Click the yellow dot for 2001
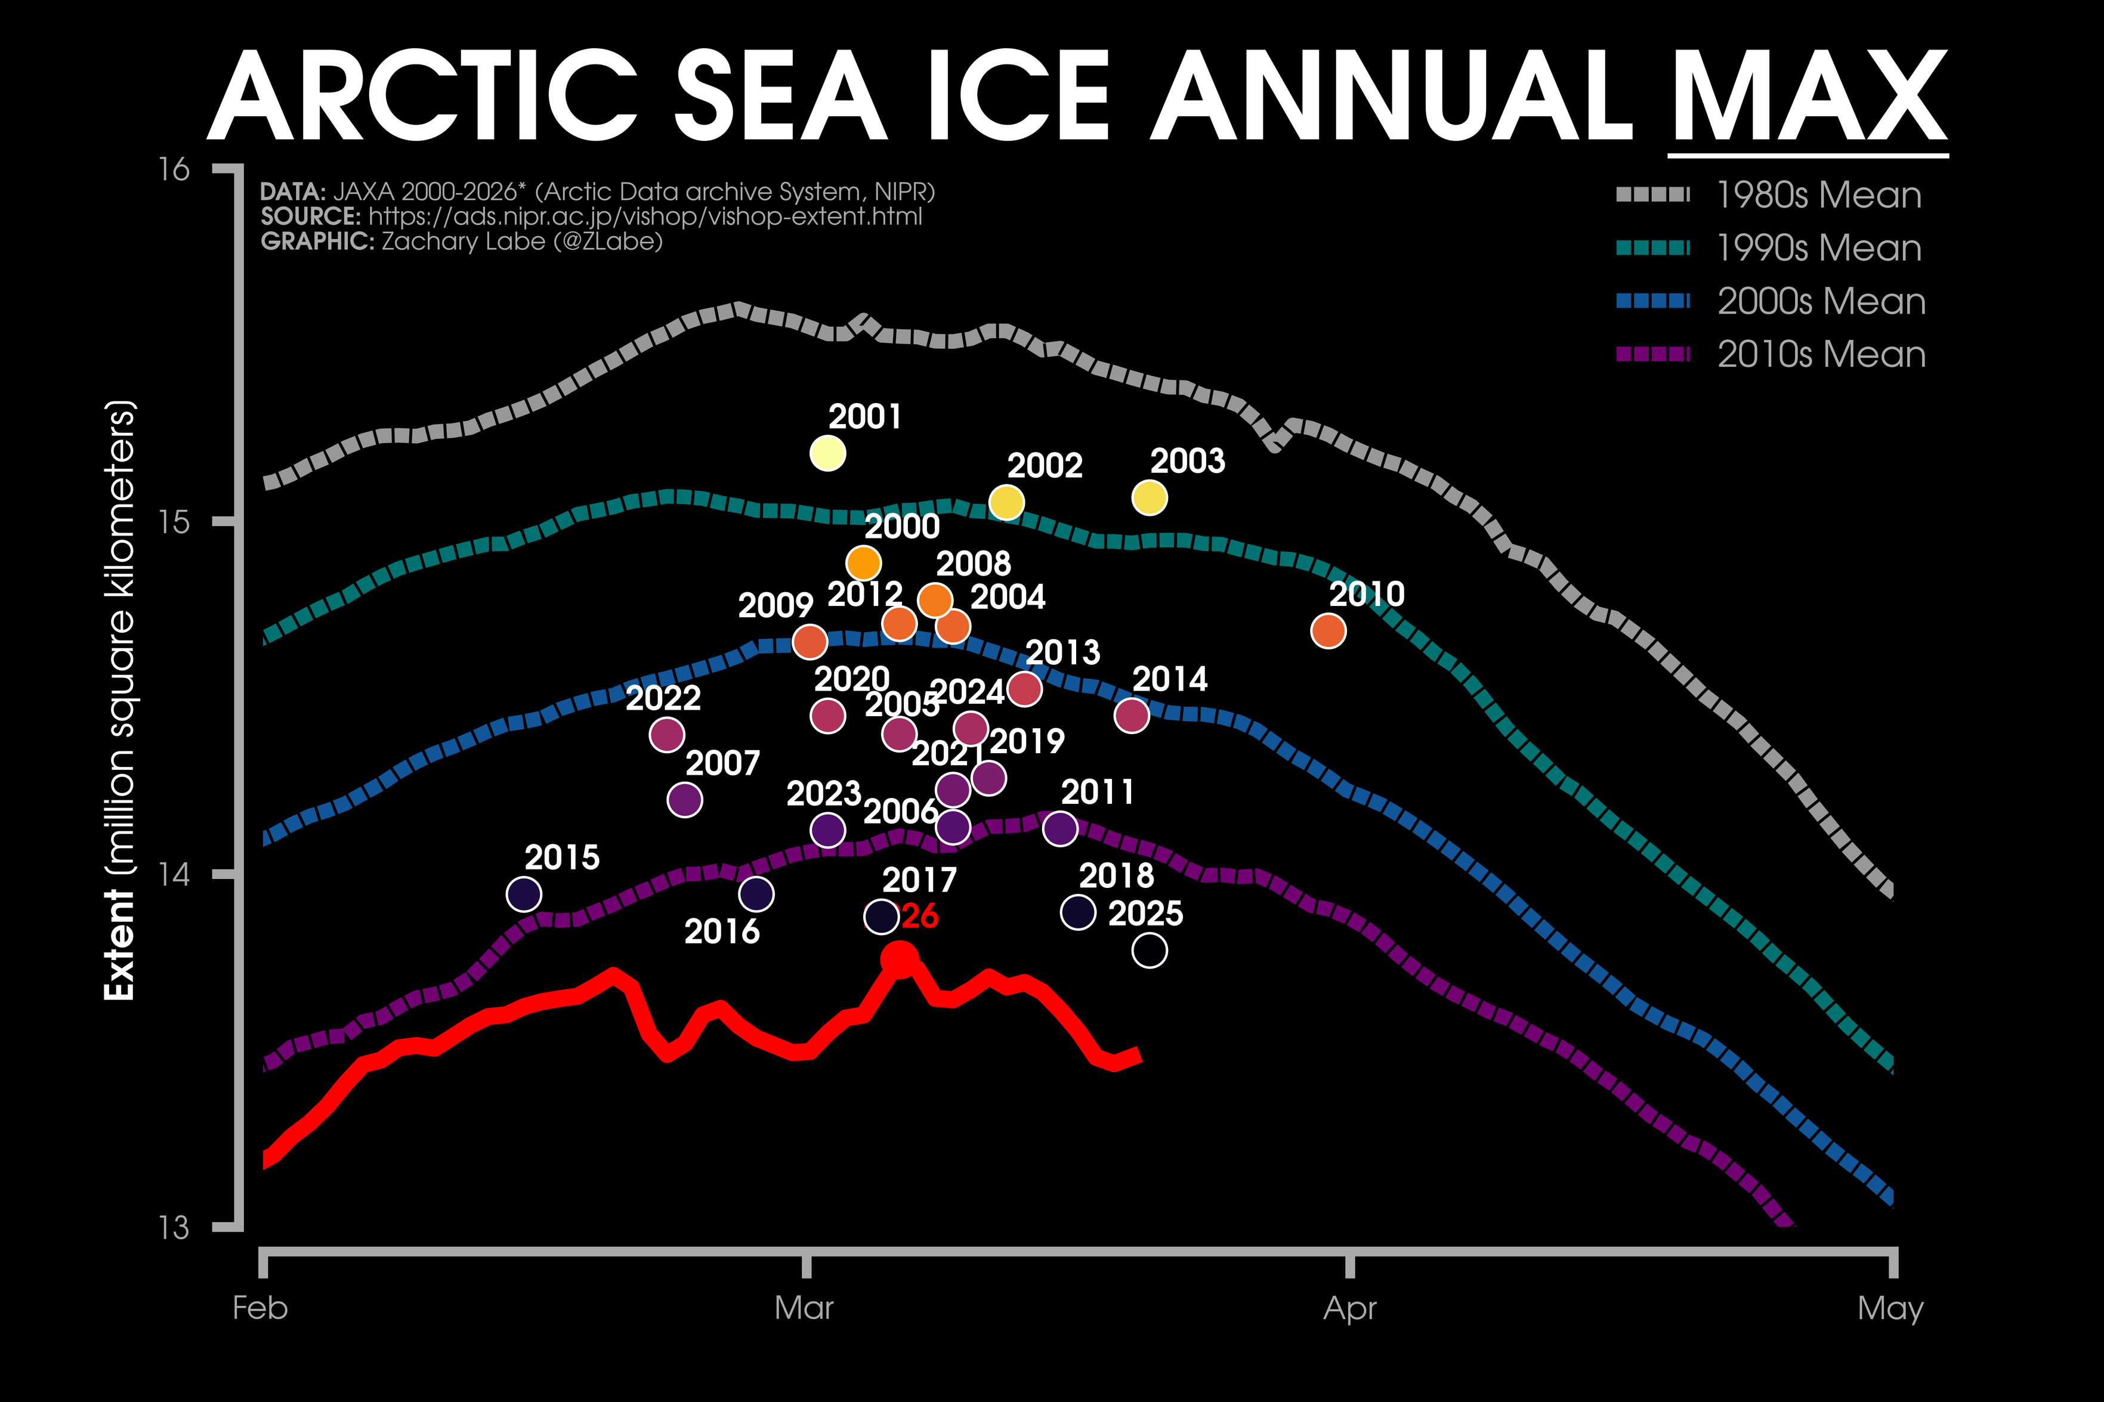coord(827,453)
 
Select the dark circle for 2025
coord(1149,951)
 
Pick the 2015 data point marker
coord(524,893)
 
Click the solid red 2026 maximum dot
coord(898,958)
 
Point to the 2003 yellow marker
coord(1149,497)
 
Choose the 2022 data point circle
coord(666,735)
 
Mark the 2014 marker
coord(1131,715)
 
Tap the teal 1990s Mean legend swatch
coord(1652,247)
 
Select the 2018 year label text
coord(1116,875)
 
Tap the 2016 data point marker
coord(756,893)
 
